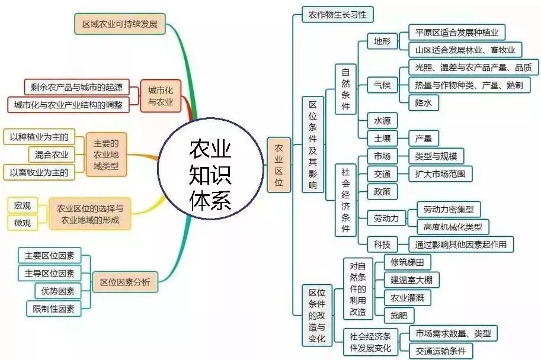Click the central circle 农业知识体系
pyautogui.click(x=210, y=174)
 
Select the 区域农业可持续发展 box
pyautogui.click(x=120, y=24)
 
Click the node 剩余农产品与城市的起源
pyautogui.click(x=76, y=88)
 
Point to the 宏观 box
pyautogui.click(x=23, y=205)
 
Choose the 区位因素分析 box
pyautogui.click(x=125, y=282)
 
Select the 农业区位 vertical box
pyautogui.click(x=278, y=165)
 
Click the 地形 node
pyautogui.click(x=379, y=41)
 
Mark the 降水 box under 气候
pyautogui.click(x=424, y=102)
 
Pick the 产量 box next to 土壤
pyautogui.click(x=424, y=139)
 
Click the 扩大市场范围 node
pyautogui.click(x=441, y=173)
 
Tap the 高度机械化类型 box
pyautogui.click(x=453, y=226)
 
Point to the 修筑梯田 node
pyautogui.click(x=407, y=261)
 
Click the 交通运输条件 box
pyautogui.click(x=441, y=350)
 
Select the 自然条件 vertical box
pyautogui.click(x=345, y=89)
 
